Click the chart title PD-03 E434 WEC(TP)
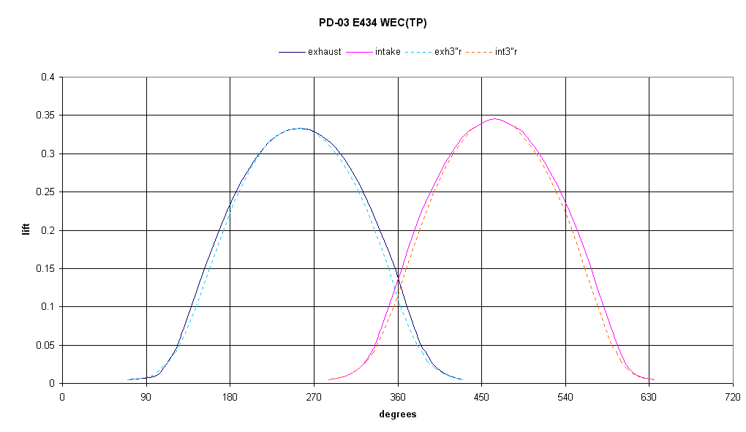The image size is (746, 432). pos(373,23)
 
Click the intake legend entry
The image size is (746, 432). pos(388,52)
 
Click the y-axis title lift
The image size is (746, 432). pos(26,230)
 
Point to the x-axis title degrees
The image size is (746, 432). pos(398,414)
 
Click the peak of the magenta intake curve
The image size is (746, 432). pos(495,118)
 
